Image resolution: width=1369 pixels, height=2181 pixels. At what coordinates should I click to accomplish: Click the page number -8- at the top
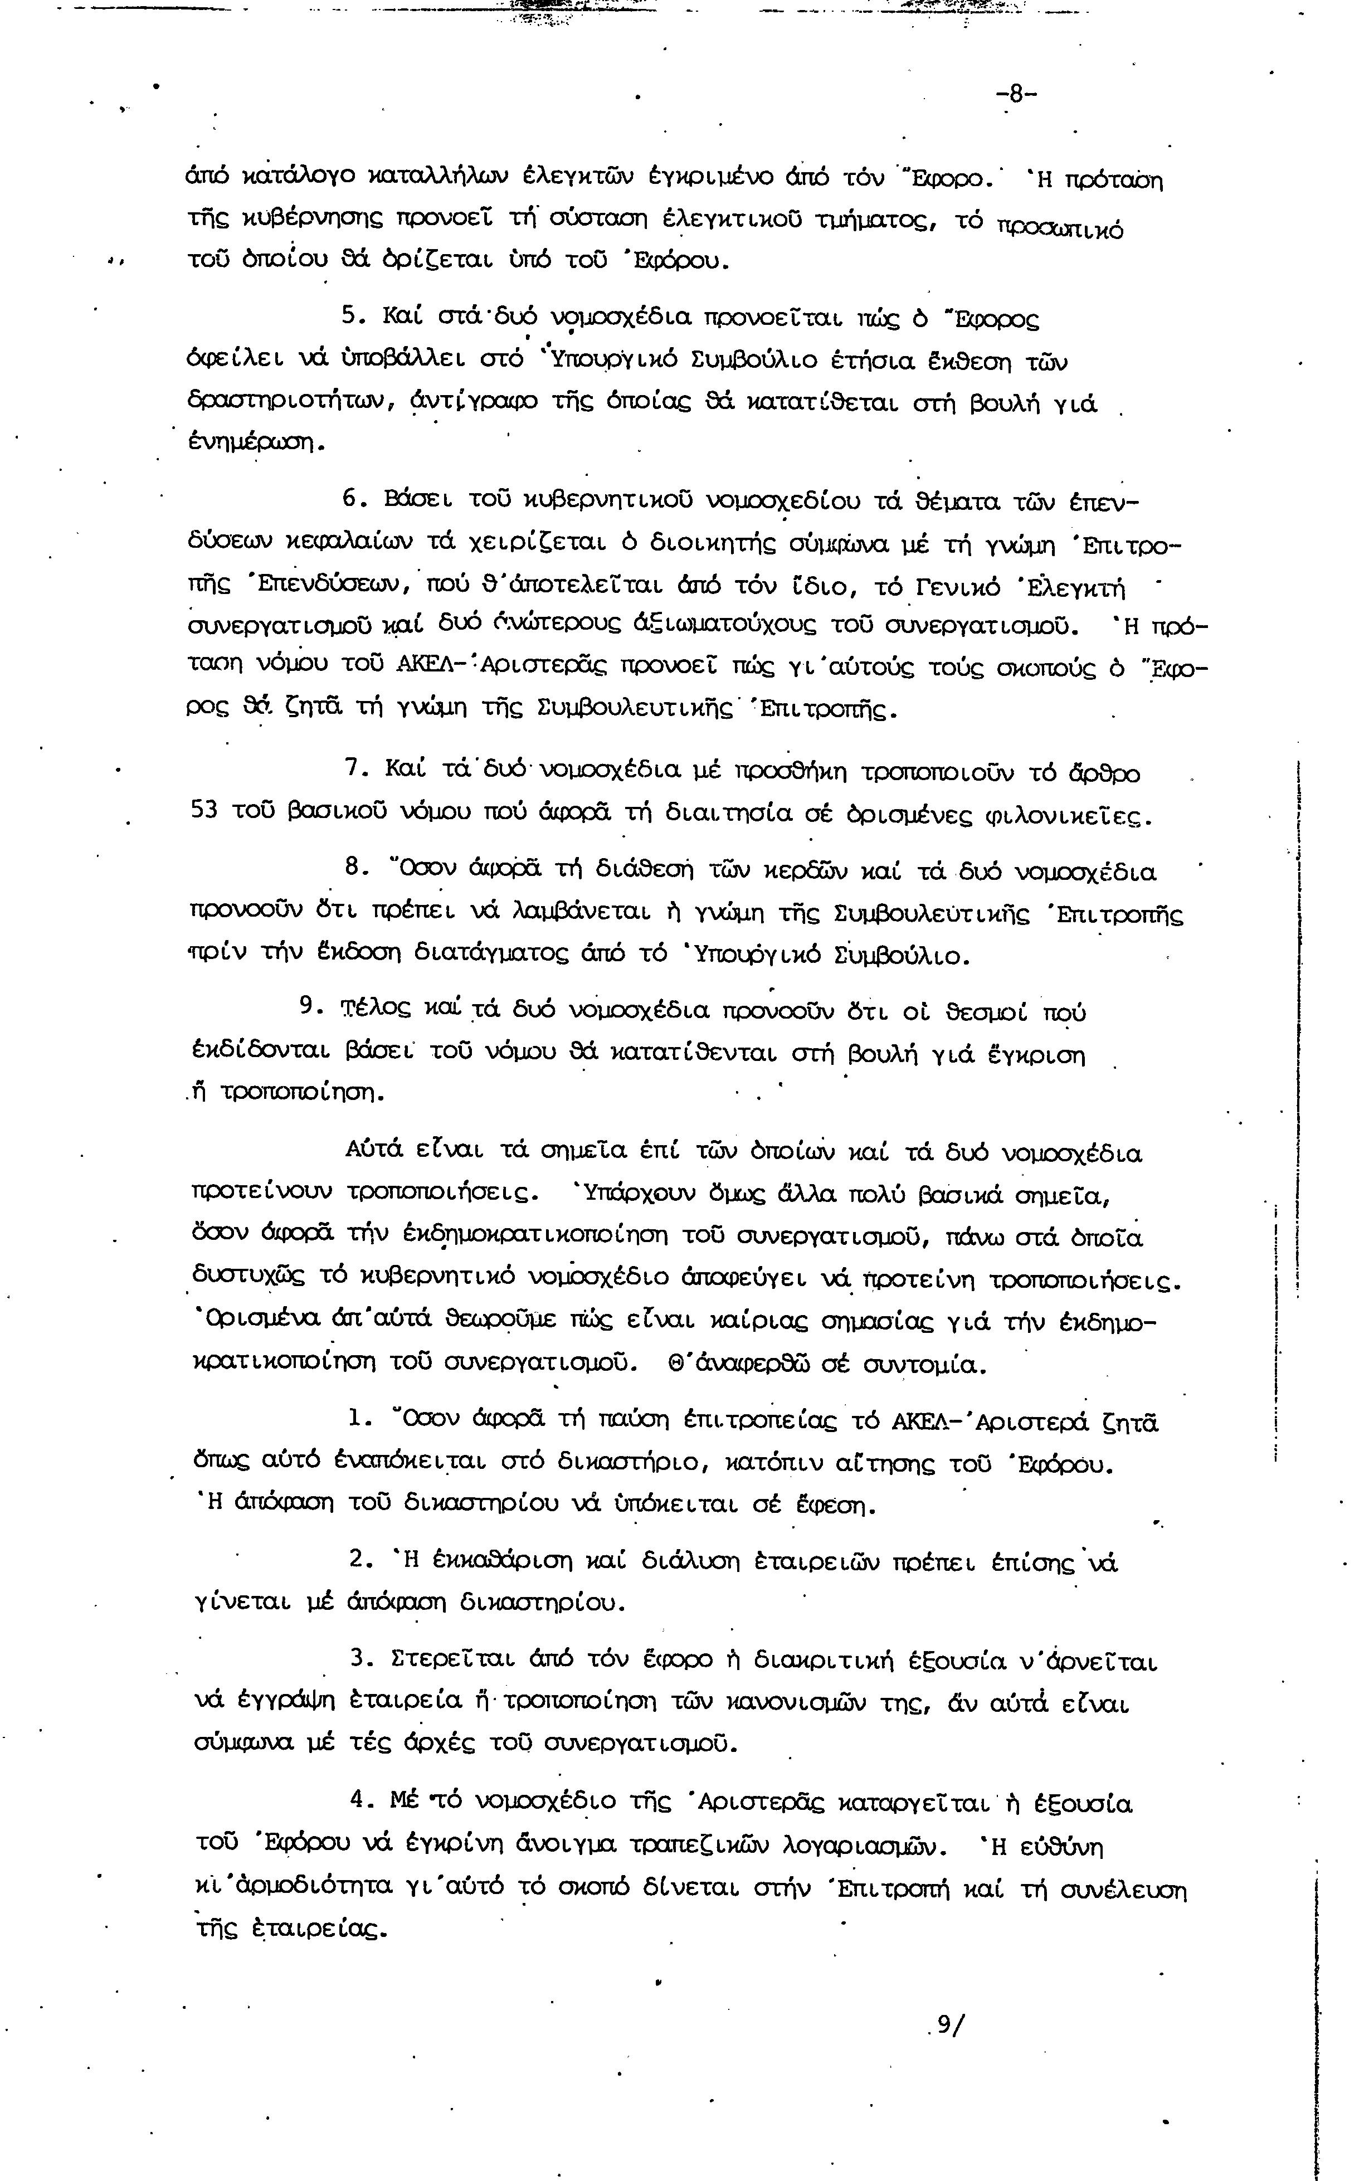(x=1016, y=94)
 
